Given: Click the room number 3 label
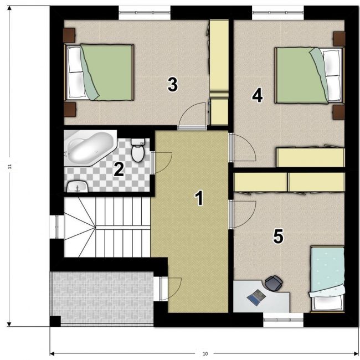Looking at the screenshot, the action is click(x=173, y=85).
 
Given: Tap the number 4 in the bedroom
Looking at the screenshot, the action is click(x=257, y=96).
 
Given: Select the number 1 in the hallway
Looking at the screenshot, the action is click(x=199, y=198).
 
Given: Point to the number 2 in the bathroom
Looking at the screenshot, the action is click(x=119, y=169).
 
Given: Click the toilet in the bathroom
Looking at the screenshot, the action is click(x=138, y=150).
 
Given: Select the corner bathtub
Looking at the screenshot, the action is click(x=90, y=148).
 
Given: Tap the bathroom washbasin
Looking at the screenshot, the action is click(x=78, y=186).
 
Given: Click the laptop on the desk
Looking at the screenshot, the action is click(x=256, y=297).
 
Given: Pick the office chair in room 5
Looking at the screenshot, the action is click(x=274, y=282).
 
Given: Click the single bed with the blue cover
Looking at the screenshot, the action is click(x=327, y=279).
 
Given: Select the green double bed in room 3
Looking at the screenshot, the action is click(x=99, y=73).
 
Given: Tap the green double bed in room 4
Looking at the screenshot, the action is click(x=310, y=75).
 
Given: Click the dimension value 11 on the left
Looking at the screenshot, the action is click(x=9, y=167).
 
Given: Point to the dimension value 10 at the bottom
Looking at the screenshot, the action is click(x=205, y=354).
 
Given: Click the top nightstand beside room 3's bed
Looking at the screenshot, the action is click(x=69, y=35).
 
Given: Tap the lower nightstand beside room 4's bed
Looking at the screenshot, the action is click(x=339, y=112).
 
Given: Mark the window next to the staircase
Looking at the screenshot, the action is click(x=56, y=227).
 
